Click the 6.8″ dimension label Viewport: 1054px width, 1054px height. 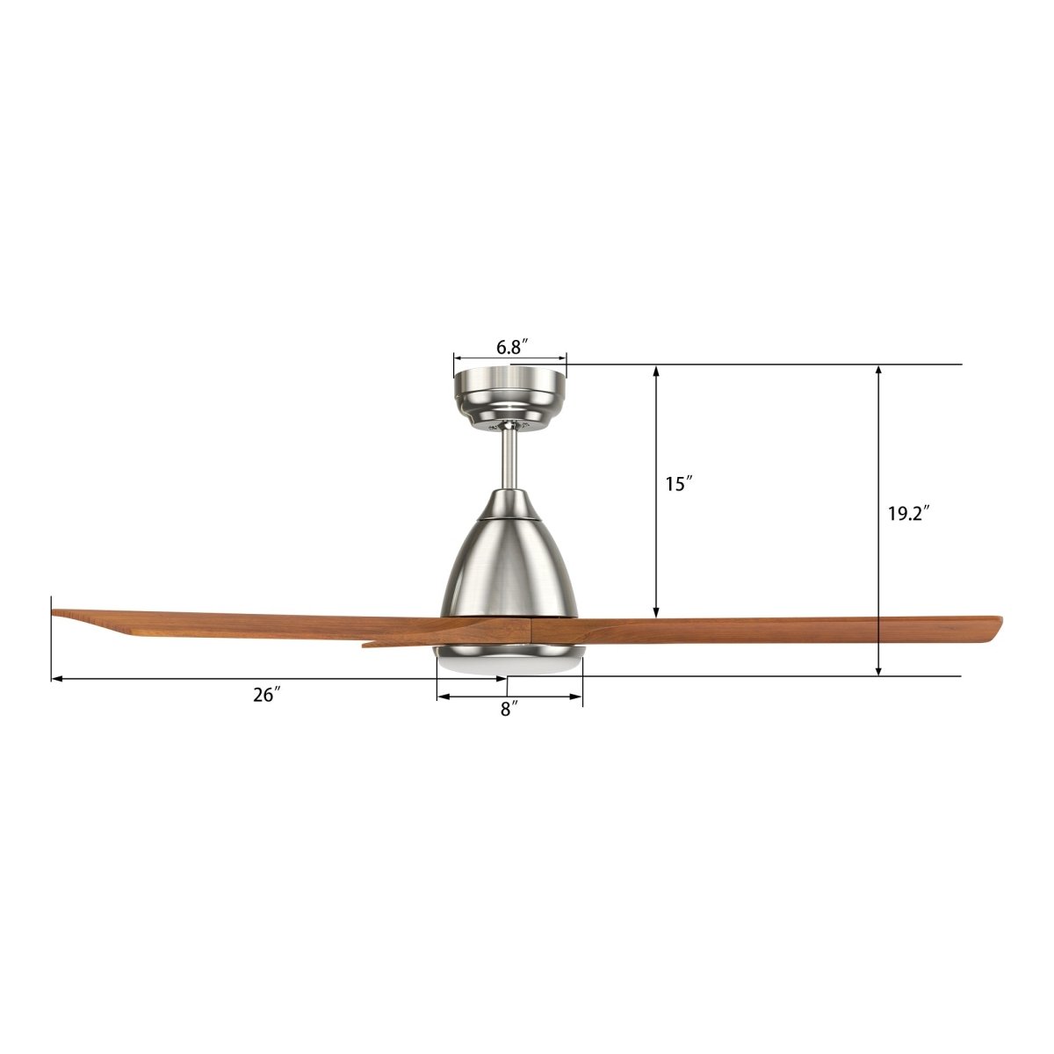click(x=510, y=347)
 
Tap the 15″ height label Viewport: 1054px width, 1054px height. click(x=678, y=483)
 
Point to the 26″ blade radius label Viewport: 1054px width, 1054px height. click(x=266, y=695)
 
